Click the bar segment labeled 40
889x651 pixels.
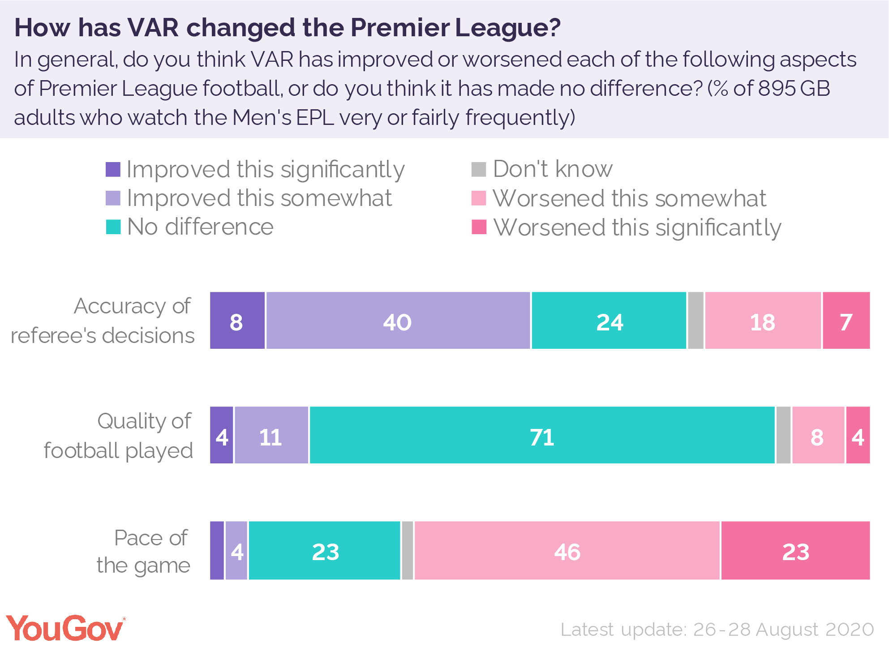tap(398, 321)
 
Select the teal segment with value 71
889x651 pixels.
tap(542, 435)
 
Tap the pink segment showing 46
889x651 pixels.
tap(567, 550)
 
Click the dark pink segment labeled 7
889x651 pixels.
tap(846, 321)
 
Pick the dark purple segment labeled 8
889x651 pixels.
tap(237, 321)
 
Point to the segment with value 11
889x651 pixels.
tap(271, 435)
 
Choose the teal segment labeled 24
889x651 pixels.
tap(609, 321)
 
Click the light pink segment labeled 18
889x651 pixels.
tap(763, 321)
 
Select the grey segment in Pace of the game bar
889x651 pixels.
tap(407, 550)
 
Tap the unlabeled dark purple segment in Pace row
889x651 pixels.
tap(217, 550)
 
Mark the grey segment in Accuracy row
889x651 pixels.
tap(695, 321)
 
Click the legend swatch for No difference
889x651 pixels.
tap(113, 227)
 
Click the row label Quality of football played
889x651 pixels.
tap(119, 436)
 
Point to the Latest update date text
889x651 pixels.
tap(717, 630)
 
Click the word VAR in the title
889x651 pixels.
tap(154, 28)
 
